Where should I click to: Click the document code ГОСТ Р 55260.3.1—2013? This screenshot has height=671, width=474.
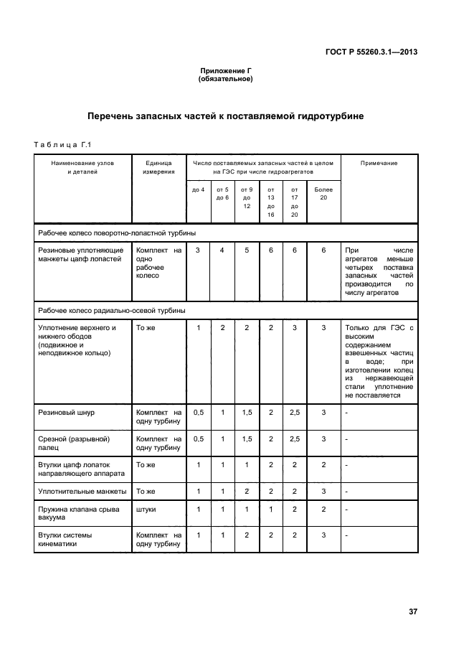[371, 52]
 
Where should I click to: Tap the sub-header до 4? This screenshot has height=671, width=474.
[198, 189]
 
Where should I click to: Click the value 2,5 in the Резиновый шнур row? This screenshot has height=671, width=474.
[294, 413]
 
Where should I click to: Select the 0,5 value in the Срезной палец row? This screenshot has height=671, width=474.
[198, 438]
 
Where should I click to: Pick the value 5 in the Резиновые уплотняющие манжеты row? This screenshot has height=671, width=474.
[246, 250]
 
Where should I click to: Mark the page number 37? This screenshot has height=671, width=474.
[412, 611]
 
